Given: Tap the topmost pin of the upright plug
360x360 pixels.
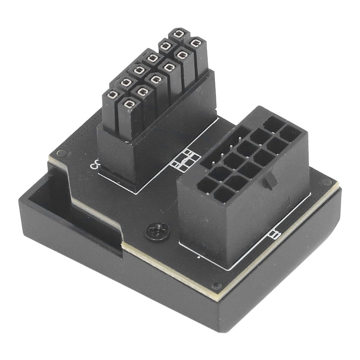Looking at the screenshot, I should pos(179,34).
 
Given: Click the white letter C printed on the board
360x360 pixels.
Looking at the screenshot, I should pos(95,165).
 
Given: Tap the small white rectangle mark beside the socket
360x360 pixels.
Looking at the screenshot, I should pos(274,234).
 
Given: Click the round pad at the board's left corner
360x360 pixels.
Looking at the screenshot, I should pos(62,153).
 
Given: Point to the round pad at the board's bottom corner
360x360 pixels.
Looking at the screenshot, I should pos(216,285).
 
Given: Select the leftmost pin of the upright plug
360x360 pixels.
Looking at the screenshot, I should pos(112,94).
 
